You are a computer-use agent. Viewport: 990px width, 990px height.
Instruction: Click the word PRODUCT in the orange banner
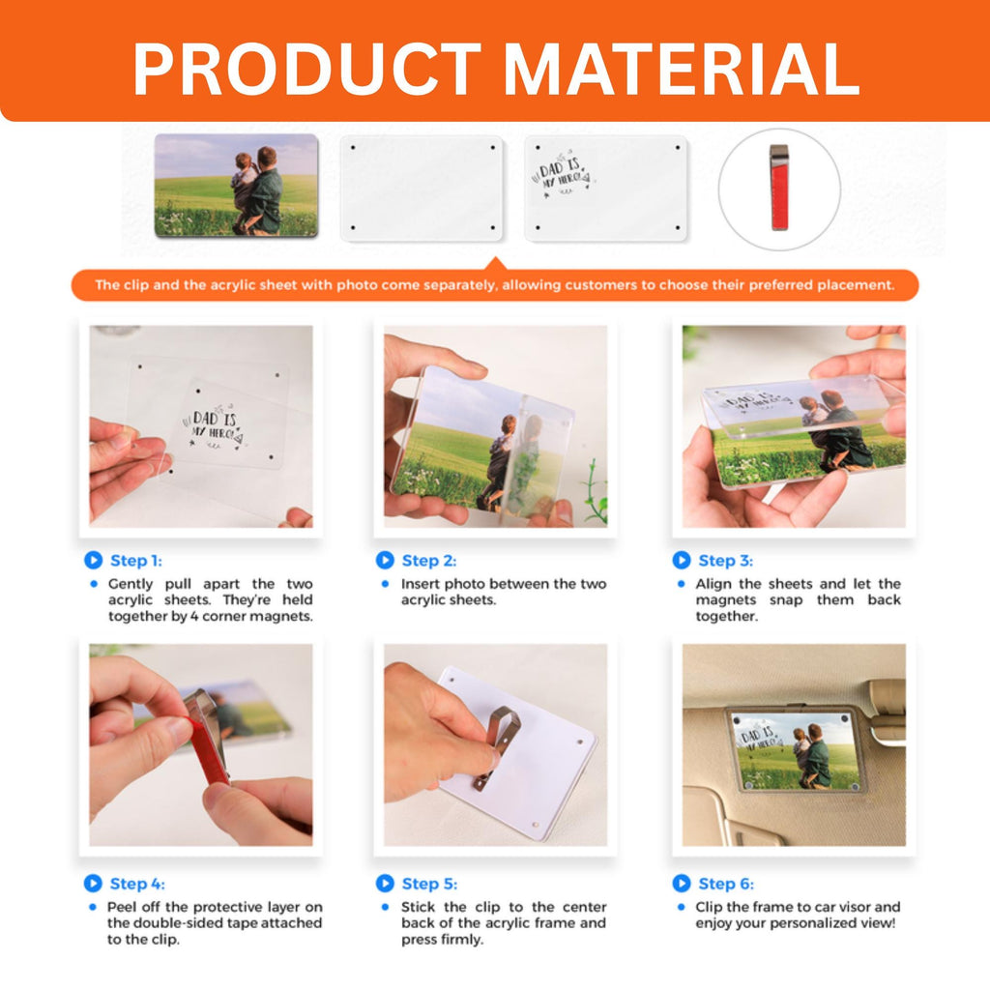(x=307, y=69)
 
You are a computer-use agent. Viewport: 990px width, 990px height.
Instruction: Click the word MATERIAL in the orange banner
(x=682, y=69)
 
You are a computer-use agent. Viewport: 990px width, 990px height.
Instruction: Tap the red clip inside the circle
(x=779, y=189)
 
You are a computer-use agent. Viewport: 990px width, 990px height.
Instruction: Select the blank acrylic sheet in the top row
(x=422, y=189)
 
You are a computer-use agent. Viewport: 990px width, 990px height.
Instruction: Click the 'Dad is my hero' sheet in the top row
(x=605, y=189)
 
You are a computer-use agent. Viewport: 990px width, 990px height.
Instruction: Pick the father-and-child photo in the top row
(x=236, y=186)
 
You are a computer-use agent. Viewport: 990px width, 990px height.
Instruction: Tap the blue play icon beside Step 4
(x=93, y=884)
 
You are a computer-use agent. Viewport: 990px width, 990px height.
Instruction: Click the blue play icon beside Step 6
(x=682, y=884)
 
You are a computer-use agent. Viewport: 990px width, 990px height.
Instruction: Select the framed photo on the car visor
(x=797, y=750)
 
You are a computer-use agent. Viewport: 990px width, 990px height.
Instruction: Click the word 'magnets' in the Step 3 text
(x=725, y=600)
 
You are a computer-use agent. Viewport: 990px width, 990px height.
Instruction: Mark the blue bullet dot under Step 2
(x=385, y=584)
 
